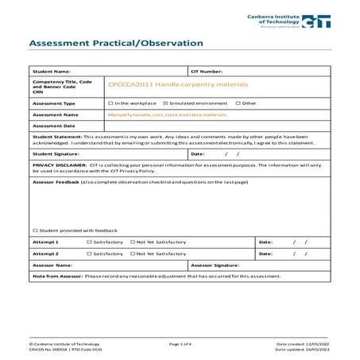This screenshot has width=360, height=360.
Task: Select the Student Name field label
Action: point(52,72)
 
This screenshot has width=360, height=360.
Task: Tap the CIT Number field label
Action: point(207,72)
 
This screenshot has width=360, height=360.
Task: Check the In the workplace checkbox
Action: point(110,103)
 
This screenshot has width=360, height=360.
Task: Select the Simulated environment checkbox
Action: point(165,103)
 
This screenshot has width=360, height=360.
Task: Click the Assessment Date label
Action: point(54,126)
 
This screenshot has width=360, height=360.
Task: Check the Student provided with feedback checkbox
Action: point(36,228)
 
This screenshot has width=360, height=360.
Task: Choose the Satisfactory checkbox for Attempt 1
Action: point(88,240)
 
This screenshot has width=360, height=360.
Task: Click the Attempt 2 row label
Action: point(45,253)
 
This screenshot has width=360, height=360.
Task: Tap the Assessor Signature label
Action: point(215,265)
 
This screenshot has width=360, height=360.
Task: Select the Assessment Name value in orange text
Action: point(165,114)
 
